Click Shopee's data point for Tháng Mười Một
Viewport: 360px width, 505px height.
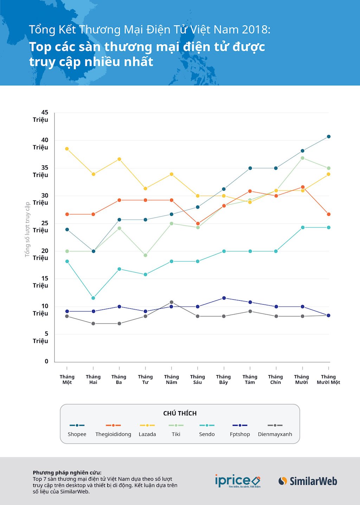[x=329, y=136]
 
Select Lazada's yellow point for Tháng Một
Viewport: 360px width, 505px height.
[x=67, y=149]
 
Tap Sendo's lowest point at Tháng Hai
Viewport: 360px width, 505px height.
[x=93, y=298]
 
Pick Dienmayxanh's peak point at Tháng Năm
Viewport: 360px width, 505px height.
[x=172, y=302]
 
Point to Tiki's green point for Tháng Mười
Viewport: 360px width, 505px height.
[x=302, y=158]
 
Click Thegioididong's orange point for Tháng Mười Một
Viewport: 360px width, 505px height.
[x=329, y=214]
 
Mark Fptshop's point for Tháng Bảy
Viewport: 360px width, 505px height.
[x=224, y=298]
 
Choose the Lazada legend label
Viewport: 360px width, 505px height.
[x=147, y=434]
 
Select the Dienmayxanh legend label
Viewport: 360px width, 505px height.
[x=275, y=434]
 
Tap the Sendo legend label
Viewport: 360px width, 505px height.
[x=207, y=434]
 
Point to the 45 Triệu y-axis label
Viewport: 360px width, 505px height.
[x=41, y=116]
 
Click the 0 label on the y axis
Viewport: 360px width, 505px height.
[x=46, y=361]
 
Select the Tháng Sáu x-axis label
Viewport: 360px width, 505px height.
[x=198, y=379]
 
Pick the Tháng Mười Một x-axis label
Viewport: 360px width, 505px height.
[x=328, y=379]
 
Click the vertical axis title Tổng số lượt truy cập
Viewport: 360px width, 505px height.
[x=27, y=229]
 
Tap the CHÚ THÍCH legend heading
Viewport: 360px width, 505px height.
[x=180, y=413]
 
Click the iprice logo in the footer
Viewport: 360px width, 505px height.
[x=238, y=481]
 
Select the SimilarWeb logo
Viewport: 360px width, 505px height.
[x=308, y=481]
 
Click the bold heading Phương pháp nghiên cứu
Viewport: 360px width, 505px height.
[x=67, y=473]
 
